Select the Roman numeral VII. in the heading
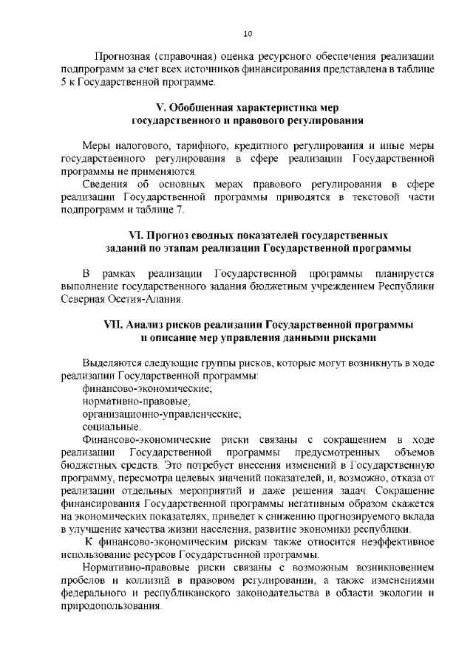point(115,325)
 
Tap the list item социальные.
point(112,427)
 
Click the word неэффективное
point(391,541)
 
